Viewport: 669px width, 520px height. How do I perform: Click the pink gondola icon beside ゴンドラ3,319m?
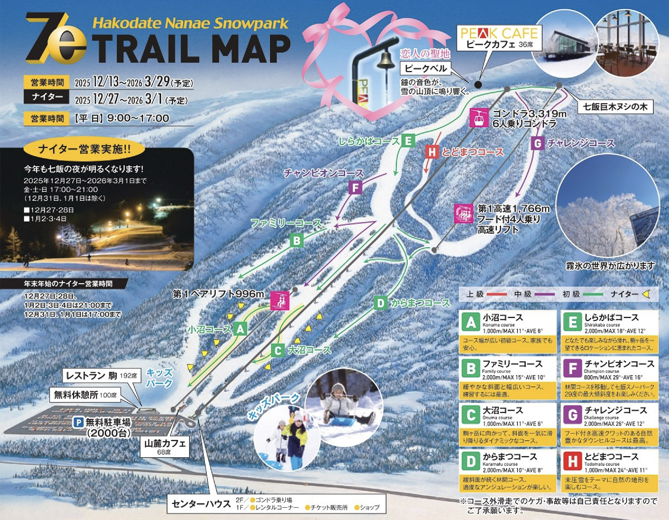[478, 117]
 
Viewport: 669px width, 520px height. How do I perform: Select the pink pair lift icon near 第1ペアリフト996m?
[279, 300]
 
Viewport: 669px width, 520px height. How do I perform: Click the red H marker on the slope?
[432, 152]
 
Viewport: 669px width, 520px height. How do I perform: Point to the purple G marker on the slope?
[537, 143]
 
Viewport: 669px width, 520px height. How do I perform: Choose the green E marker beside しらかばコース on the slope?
[408, 141]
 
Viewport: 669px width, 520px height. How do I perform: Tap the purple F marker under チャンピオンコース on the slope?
[355, 188]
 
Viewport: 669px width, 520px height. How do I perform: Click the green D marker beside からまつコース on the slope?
[380, 303]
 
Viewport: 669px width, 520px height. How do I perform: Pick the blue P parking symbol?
[78, 422]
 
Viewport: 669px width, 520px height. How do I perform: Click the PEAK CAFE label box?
[499, 38]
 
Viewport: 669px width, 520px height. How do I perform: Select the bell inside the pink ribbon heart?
[385, 59]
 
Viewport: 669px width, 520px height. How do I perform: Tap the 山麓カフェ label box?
[165, 446]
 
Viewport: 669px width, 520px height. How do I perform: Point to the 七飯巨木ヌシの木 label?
[615, 107]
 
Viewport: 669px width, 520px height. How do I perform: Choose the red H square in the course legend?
[572, 461]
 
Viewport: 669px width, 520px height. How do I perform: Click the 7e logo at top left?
[56, 39]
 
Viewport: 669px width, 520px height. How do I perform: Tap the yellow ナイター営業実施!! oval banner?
[84, 149]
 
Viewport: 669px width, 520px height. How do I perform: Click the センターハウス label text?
[201, 504]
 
